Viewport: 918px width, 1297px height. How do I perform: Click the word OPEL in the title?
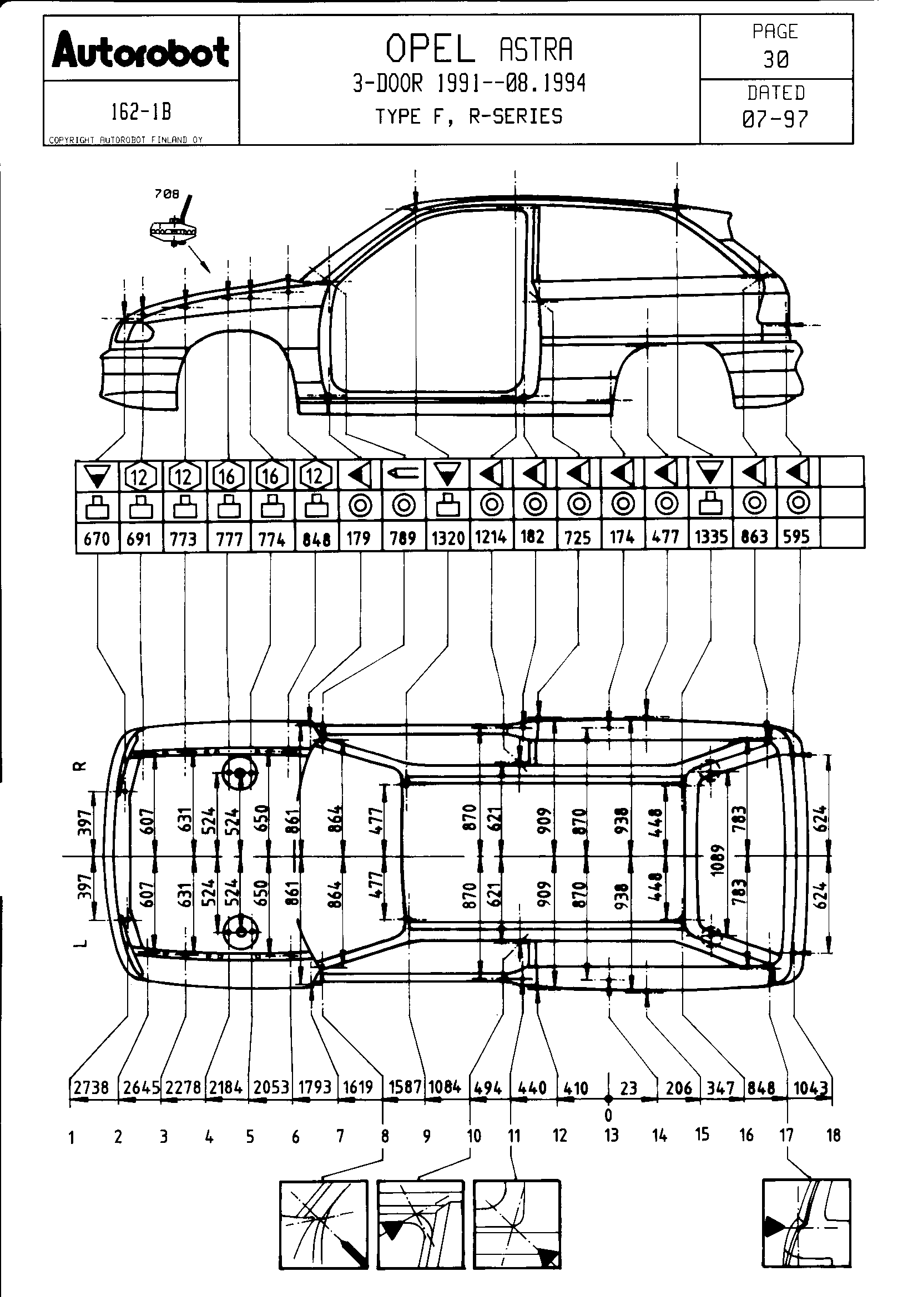coord(430,49)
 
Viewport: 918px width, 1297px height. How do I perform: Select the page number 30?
coord(775,59)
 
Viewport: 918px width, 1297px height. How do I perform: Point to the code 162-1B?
coord(141,113)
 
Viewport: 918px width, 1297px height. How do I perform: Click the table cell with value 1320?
coord(448,538)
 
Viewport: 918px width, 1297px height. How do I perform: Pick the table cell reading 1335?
coord(710,537)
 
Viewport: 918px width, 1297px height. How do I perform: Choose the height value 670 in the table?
coord(97,538)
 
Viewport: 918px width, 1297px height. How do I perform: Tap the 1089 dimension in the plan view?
coord(717,860)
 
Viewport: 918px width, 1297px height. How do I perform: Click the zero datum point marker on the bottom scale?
coord(608,1098)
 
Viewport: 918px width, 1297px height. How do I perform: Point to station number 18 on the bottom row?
coord(833,1136)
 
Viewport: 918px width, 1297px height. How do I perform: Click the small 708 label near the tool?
coord(167,194)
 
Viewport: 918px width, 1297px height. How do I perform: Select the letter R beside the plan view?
coord(82,766)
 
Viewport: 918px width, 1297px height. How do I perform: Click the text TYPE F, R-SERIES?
coord(469,117)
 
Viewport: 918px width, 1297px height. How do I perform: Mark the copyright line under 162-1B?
coord(125,140)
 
